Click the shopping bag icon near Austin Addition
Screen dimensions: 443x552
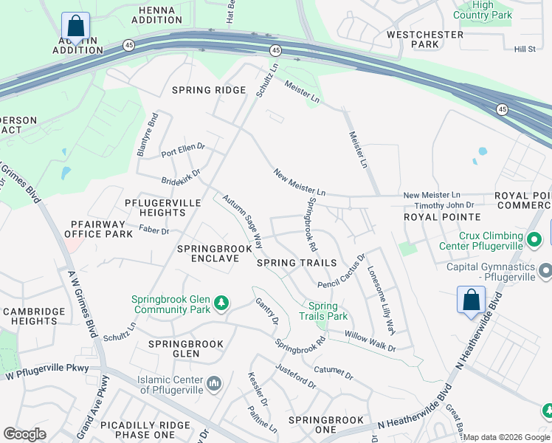point(75,26)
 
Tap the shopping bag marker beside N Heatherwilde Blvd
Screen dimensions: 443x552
point(471,301)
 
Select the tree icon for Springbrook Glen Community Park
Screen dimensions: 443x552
point(221,303)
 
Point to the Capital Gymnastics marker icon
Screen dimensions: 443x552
point(545,271)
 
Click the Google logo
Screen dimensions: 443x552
point(24,434)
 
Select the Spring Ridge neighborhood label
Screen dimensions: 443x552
point(208,90)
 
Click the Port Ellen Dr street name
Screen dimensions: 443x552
point(182,150)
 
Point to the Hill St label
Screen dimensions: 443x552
point(525,49)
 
